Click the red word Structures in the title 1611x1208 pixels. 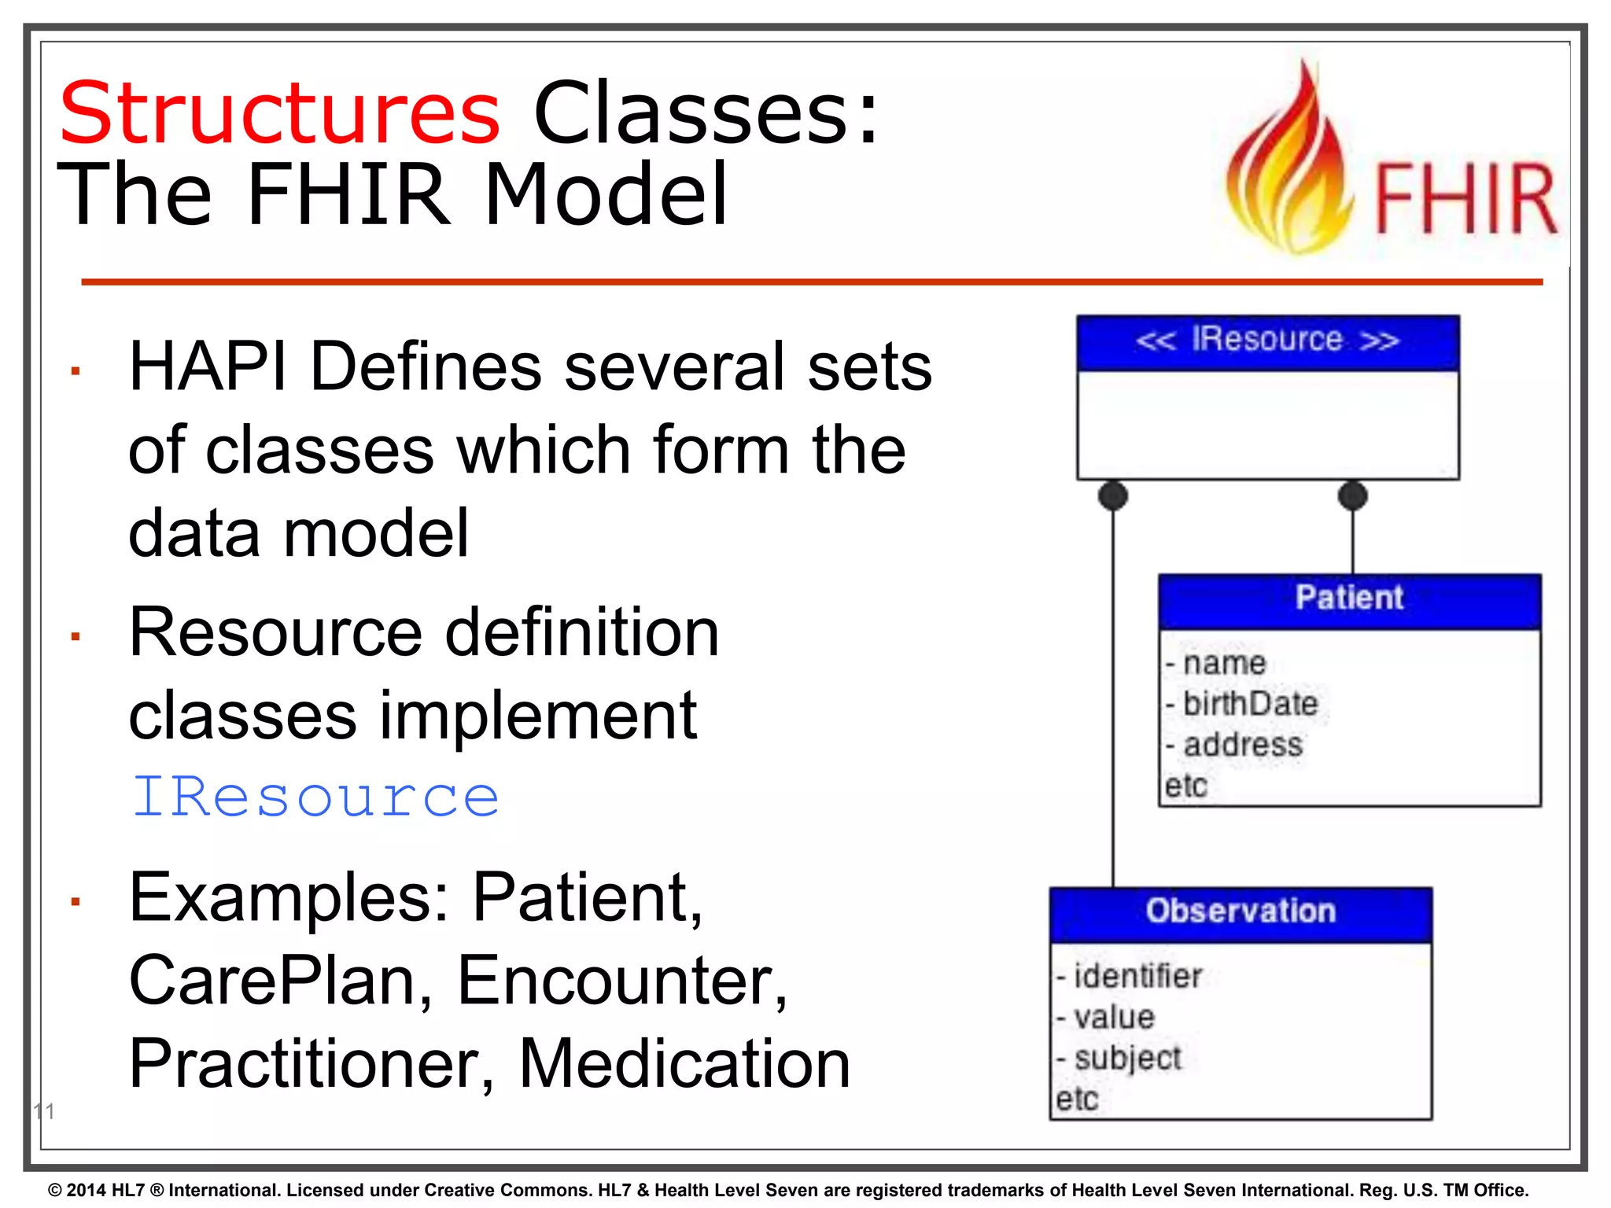point(279,114)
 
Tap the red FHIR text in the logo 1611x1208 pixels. point(1465,199)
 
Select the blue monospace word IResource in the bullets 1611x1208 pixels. point(315,797)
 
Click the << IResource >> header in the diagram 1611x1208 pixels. point(1267,341)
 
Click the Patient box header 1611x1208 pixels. point(1349,598)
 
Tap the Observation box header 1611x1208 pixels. point(1241,912)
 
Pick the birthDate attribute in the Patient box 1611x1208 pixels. point(1250,704)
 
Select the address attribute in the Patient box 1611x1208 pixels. point(1243,745)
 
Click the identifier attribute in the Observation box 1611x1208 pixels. point(1137,977)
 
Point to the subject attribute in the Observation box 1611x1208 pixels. point(1128,1059)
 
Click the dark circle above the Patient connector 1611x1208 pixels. point(1352,495)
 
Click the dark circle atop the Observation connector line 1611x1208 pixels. point(1112,495)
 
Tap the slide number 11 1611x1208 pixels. point(44,1111)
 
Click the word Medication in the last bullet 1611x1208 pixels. point(684,1063)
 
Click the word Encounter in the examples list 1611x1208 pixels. point(621,981)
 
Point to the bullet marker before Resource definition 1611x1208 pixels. point(76,636)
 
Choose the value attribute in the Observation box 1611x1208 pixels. point(1114,1018)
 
